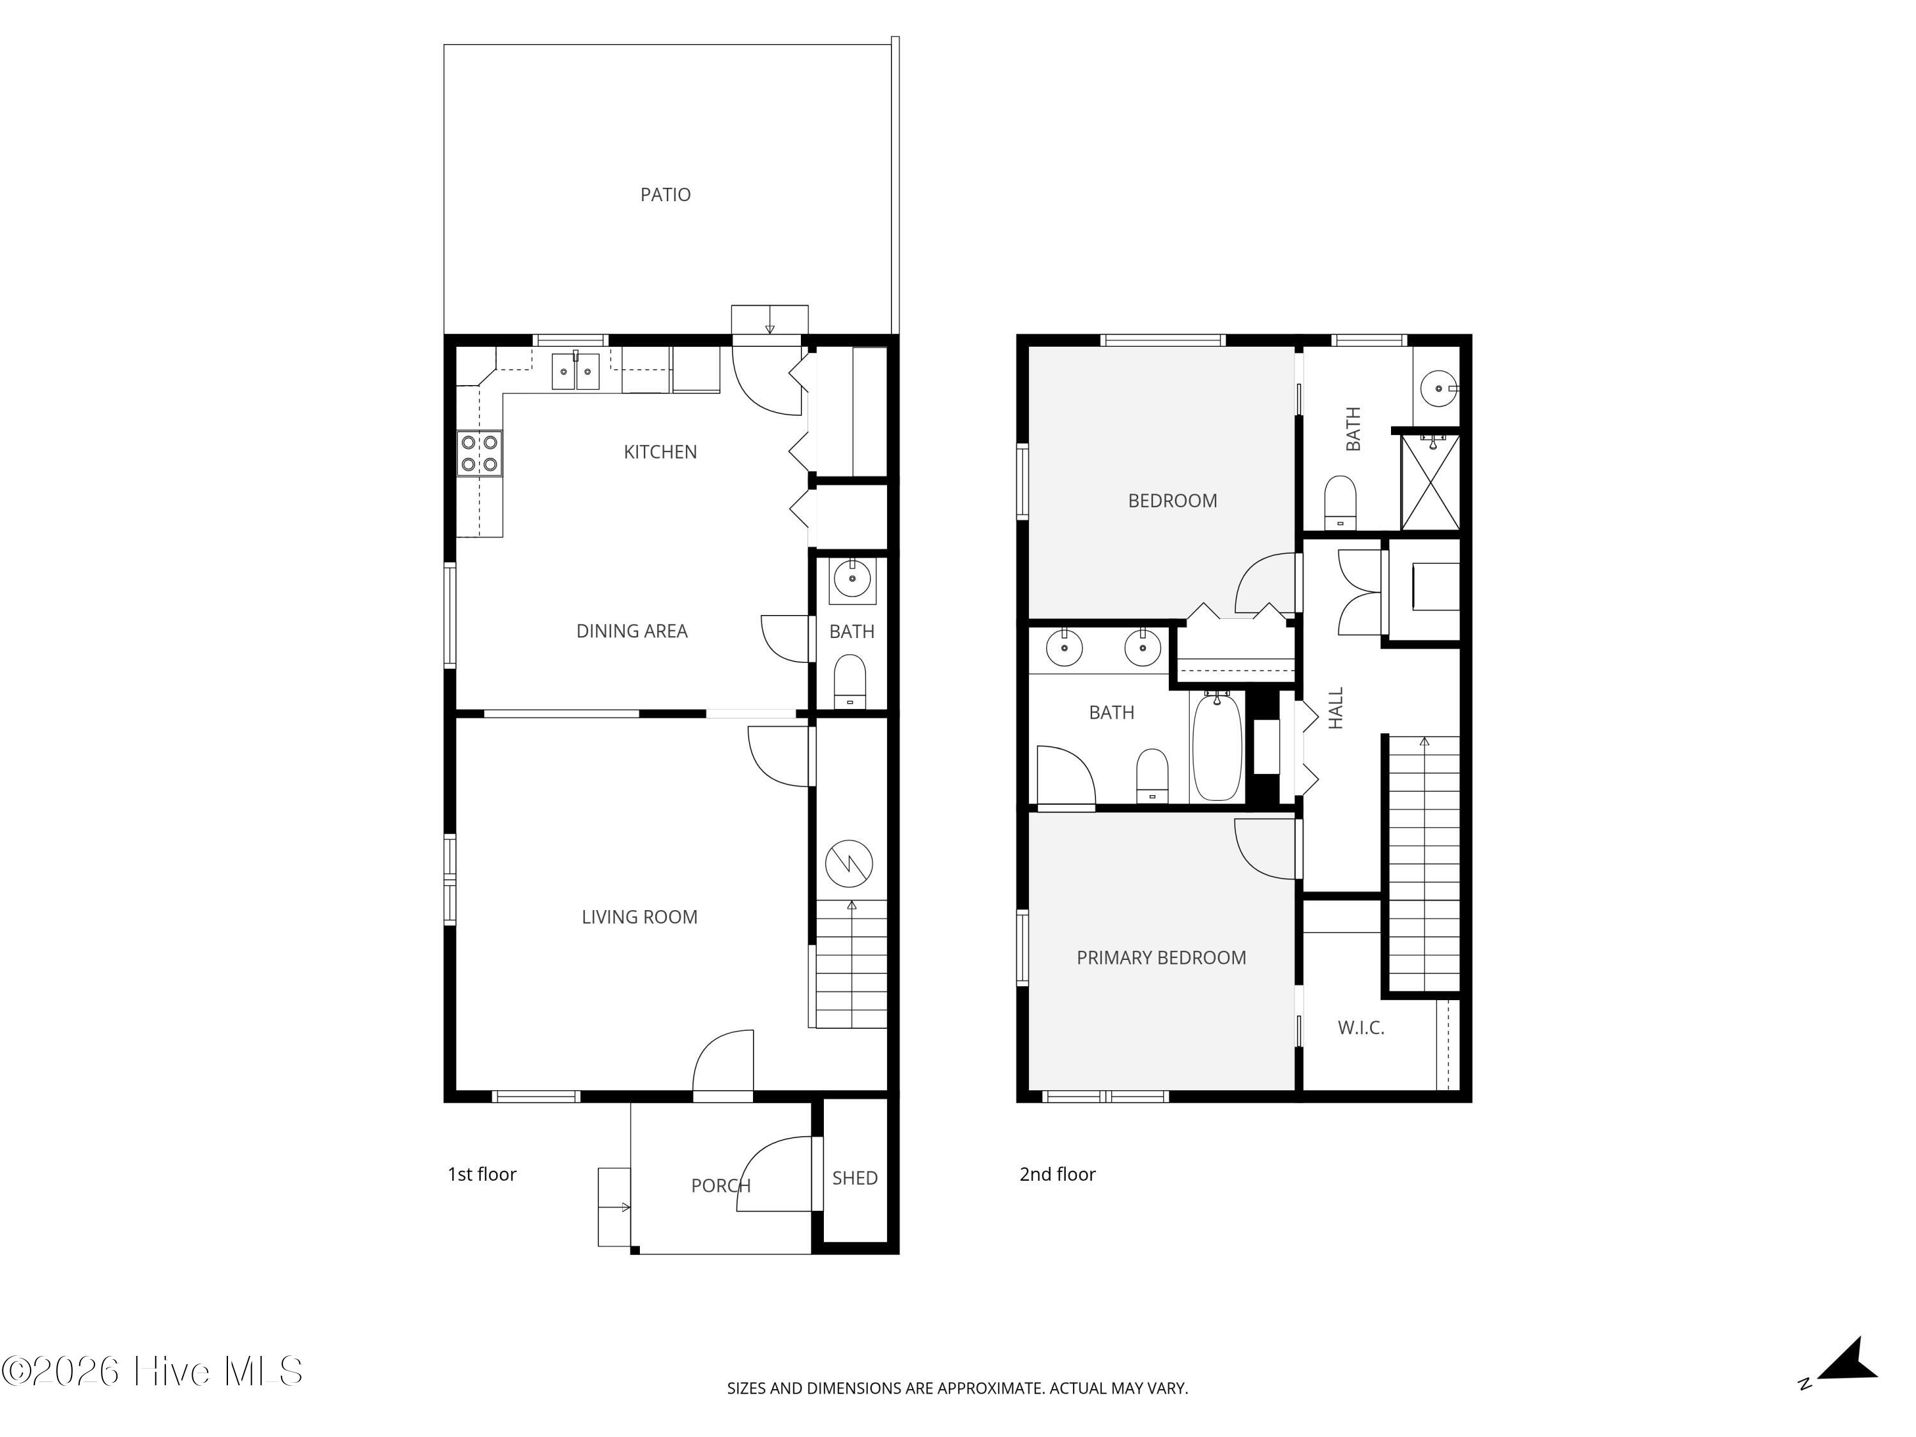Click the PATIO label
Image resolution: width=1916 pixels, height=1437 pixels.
tap(665, 195)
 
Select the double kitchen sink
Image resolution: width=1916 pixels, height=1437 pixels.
tap(575, 372)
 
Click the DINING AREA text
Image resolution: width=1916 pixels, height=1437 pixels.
tap(632, 632)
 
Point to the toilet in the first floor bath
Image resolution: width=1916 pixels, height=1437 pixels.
tap(849, 681)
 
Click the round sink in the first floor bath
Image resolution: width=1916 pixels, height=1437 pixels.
tap(851, 579)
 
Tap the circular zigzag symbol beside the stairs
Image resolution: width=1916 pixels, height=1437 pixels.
tap(849, 863)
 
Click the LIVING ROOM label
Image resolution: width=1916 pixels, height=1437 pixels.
tap(639, 917)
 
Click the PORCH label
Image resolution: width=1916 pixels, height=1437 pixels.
tap(720, 1186)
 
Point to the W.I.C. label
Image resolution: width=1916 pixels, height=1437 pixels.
tap(1361, 1028)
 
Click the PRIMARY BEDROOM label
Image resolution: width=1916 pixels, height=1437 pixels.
tap(1160, 958)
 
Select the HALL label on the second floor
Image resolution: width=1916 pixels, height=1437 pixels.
tap(1335, 708)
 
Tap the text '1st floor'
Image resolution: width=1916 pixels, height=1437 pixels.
tap(482, 1175)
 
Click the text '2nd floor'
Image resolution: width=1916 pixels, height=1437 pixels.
tap(1057, 1175)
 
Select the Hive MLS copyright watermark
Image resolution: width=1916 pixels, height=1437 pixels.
tap(153, 1371)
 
